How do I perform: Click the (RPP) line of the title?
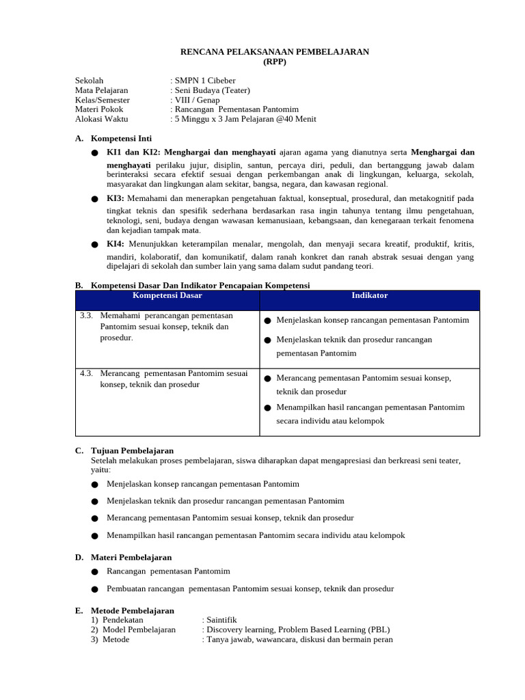[275, 62]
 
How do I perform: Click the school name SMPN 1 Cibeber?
[204, 81]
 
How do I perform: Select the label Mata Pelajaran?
[101, 90]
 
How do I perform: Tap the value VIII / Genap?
[197, 100]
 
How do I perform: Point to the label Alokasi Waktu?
[102, 119]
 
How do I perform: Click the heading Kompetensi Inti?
[121, 138]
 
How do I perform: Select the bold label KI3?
[116, 198]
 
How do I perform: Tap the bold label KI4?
[116, 244]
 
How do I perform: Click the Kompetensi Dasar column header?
[167, 295]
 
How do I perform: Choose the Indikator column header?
[369, 295]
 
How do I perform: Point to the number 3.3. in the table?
[86, 316]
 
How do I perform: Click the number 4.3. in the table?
[86, 373]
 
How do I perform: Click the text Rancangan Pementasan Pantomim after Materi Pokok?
[237, 109]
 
